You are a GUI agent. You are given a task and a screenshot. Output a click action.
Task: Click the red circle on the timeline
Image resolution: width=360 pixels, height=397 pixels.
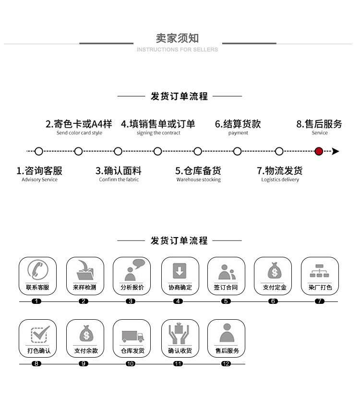tap(319, 151)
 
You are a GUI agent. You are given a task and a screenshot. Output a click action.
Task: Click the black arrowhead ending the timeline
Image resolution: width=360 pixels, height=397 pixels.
tap(336, 151)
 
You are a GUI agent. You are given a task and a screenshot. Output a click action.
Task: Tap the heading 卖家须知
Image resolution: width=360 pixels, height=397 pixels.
tap(177, 38)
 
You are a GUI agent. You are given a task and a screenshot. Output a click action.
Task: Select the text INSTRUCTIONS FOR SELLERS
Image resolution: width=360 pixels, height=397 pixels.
tap(177, 49)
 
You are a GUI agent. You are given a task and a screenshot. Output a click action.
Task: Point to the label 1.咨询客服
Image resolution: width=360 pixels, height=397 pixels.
tap(39, 170)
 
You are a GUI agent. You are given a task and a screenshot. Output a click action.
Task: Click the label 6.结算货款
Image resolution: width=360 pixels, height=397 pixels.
tap(238, 124)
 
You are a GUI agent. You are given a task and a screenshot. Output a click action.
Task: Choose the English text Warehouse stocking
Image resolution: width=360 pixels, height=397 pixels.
tap(198, 180)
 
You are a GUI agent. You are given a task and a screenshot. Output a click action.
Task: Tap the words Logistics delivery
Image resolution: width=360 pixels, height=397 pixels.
tap(280, 180)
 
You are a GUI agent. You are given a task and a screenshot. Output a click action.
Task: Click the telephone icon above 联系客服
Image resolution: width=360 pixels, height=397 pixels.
tap(37, 270)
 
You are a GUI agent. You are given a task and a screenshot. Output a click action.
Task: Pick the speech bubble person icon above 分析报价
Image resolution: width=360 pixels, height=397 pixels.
tap(132, 270)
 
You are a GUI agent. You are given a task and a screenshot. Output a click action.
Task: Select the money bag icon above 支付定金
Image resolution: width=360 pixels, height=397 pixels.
tap(273, 271)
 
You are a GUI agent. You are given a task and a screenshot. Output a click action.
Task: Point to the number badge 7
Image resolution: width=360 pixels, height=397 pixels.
tap(320, 301)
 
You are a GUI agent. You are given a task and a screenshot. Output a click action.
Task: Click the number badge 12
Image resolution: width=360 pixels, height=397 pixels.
tap(226, 364)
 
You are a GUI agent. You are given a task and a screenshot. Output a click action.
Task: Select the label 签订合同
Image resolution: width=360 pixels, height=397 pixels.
tap(226, 288)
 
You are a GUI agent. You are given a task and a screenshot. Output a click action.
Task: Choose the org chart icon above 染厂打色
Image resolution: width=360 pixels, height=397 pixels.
tap(319, 271)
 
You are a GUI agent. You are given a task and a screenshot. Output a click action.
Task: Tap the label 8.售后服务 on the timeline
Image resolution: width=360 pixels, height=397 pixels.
tap(319, 124)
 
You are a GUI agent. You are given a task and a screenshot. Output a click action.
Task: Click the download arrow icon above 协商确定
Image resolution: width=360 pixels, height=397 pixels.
tap(180, 271)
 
